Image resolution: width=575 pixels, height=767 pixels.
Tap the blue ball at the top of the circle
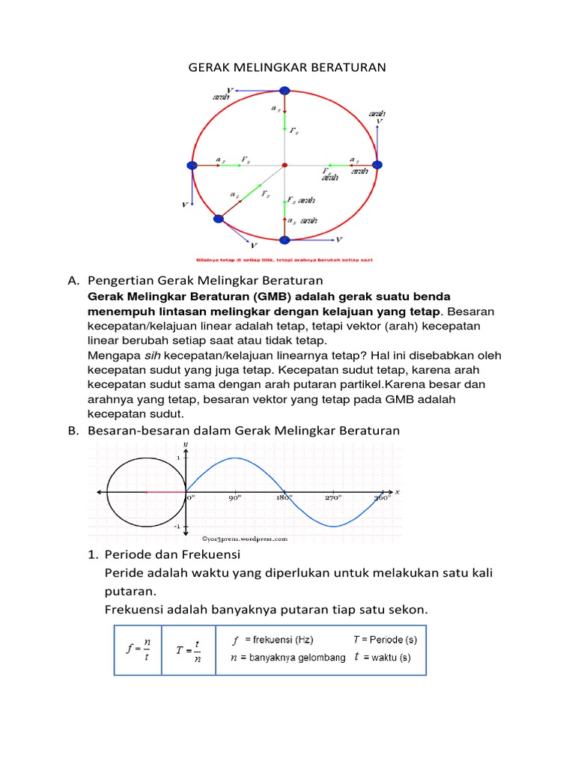(285, 91)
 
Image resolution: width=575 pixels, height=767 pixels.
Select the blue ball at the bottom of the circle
(285, 240)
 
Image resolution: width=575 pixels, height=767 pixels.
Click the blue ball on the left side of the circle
(192, 165)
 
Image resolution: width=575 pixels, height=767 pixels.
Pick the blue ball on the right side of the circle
(377, 165)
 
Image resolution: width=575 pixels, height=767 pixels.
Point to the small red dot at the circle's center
(285, 165)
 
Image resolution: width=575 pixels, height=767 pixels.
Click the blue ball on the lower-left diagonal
(219, 219)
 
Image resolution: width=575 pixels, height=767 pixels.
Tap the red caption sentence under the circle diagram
(285, 260)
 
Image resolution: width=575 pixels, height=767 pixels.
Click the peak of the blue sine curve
(235, 458)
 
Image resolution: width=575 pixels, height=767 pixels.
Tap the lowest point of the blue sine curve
(334, 526)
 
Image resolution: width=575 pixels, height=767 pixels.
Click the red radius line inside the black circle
(165, 491)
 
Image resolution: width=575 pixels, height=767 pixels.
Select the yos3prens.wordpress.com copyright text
(244, 538)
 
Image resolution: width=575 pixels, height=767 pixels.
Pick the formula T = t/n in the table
(188, 649)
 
